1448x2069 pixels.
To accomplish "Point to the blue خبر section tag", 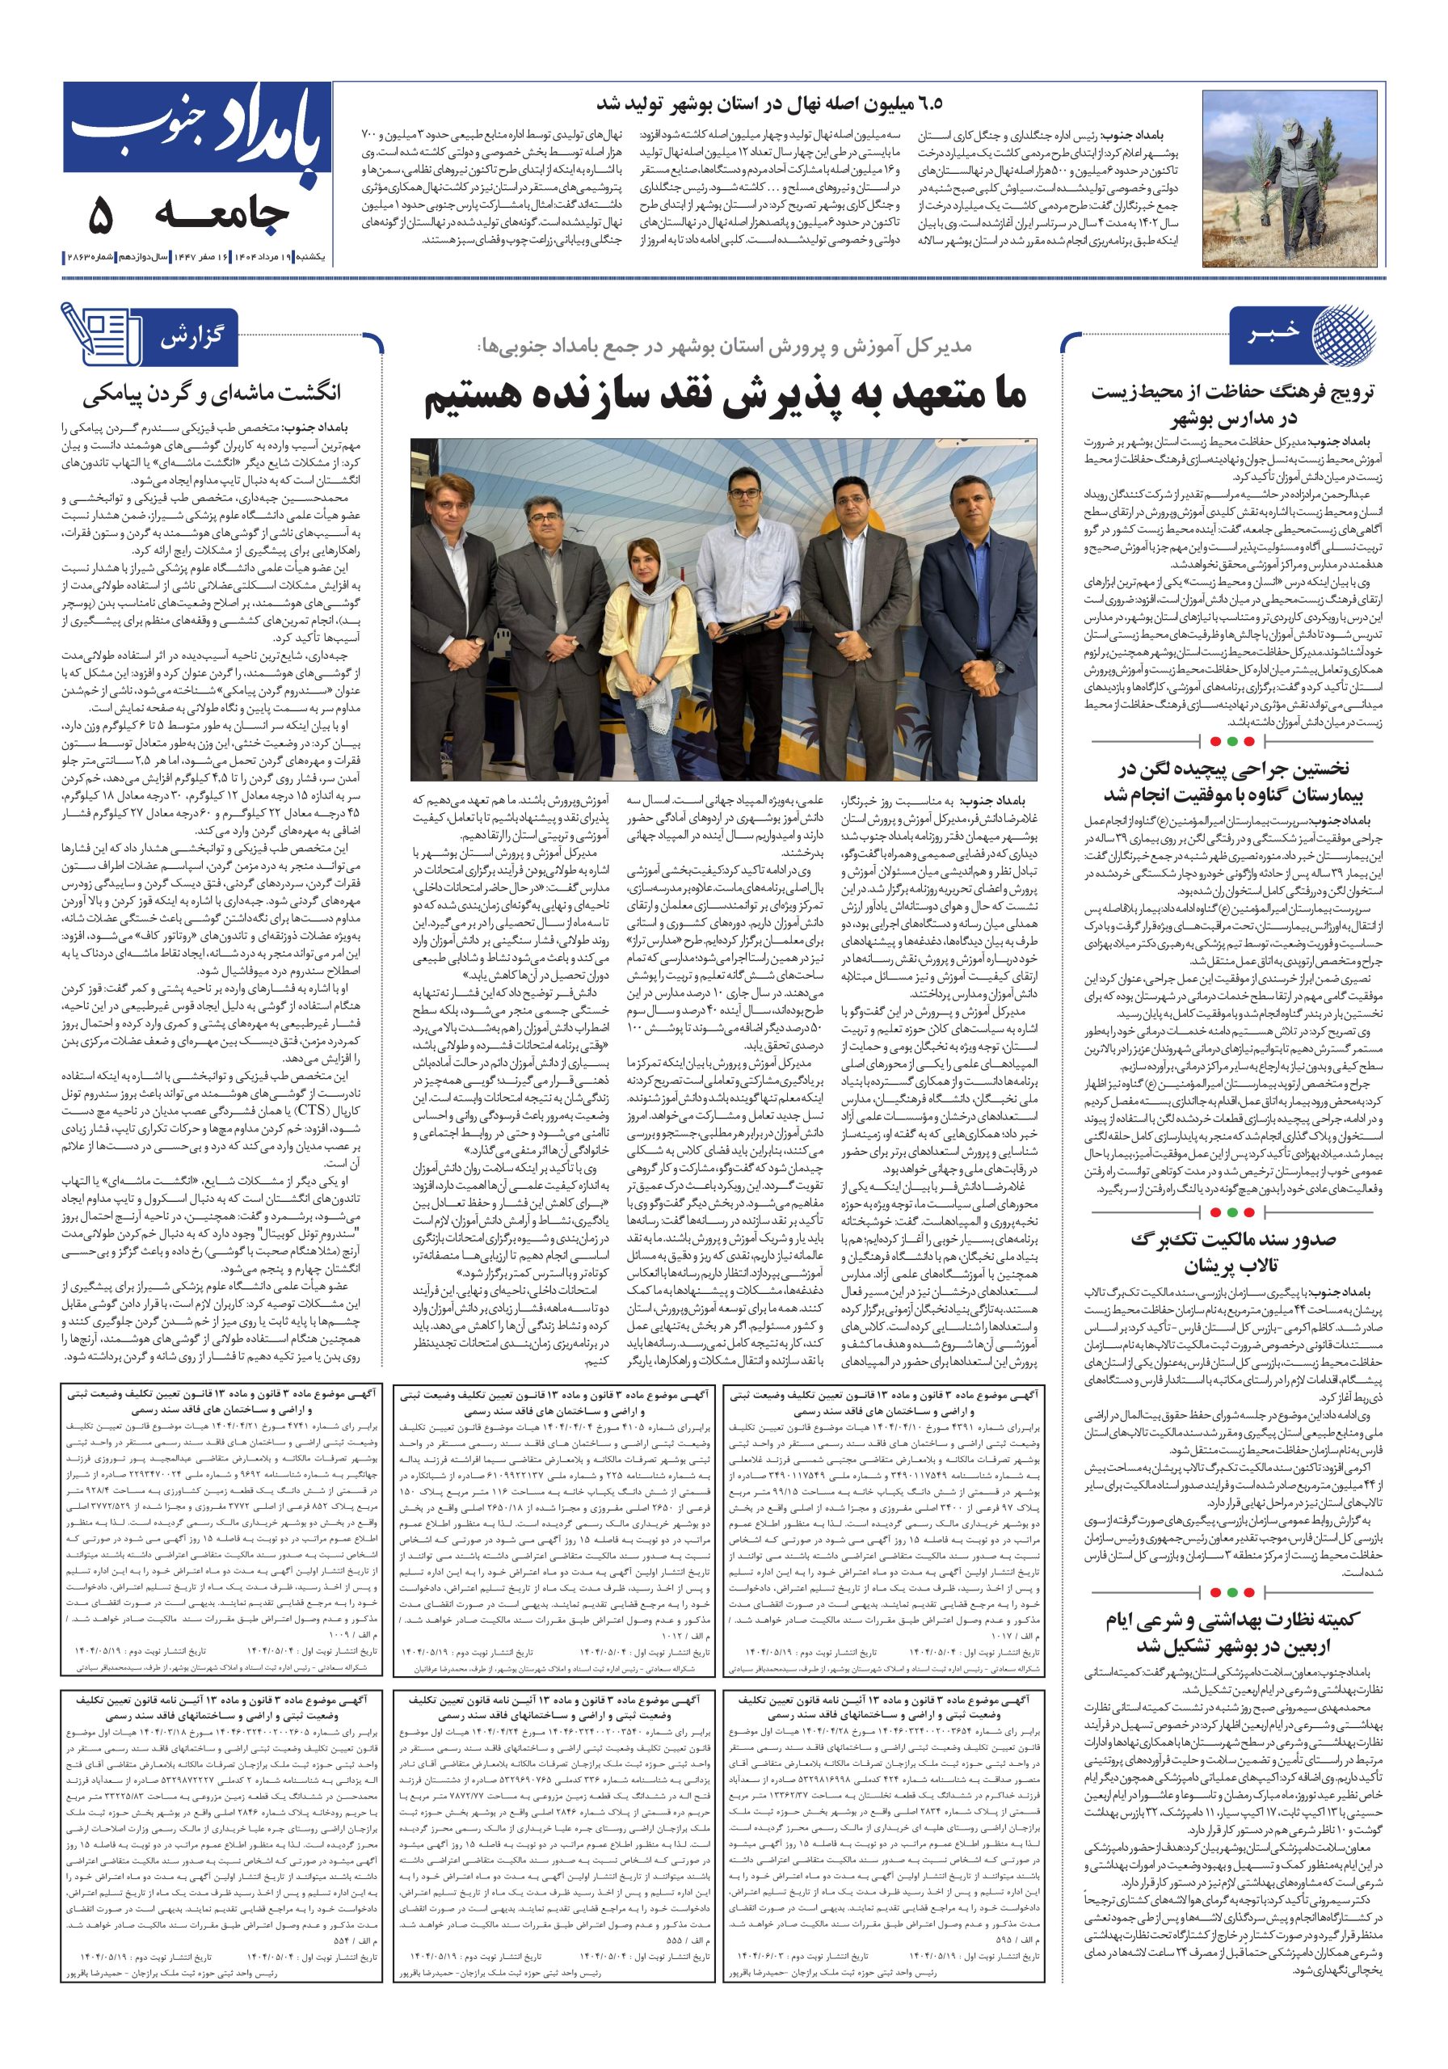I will (x=1271, y=335).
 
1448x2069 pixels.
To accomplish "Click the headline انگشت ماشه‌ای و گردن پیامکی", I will (x=212, y=394).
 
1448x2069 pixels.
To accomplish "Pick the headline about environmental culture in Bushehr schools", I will (x=1231, y=406).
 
